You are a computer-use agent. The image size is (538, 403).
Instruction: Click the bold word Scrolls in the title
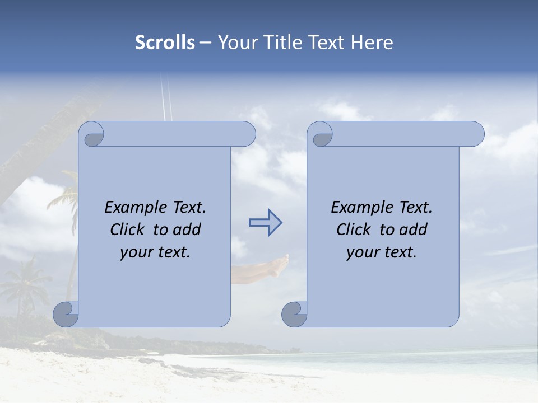click(165, 43)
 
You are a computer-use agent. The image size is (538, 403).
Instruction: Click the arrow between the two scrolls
click(265, 223)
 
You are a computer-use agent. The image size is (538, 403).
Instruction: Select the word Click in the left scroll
click(123, 229)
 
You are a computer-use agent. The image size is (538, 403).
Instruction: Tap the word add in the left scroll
click(187, 229)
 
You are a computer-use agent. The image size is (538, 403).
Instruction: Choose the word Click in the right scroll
click(349, 229)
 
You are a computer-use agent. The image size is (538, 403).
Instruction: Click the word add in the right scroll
click(414, 229)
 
